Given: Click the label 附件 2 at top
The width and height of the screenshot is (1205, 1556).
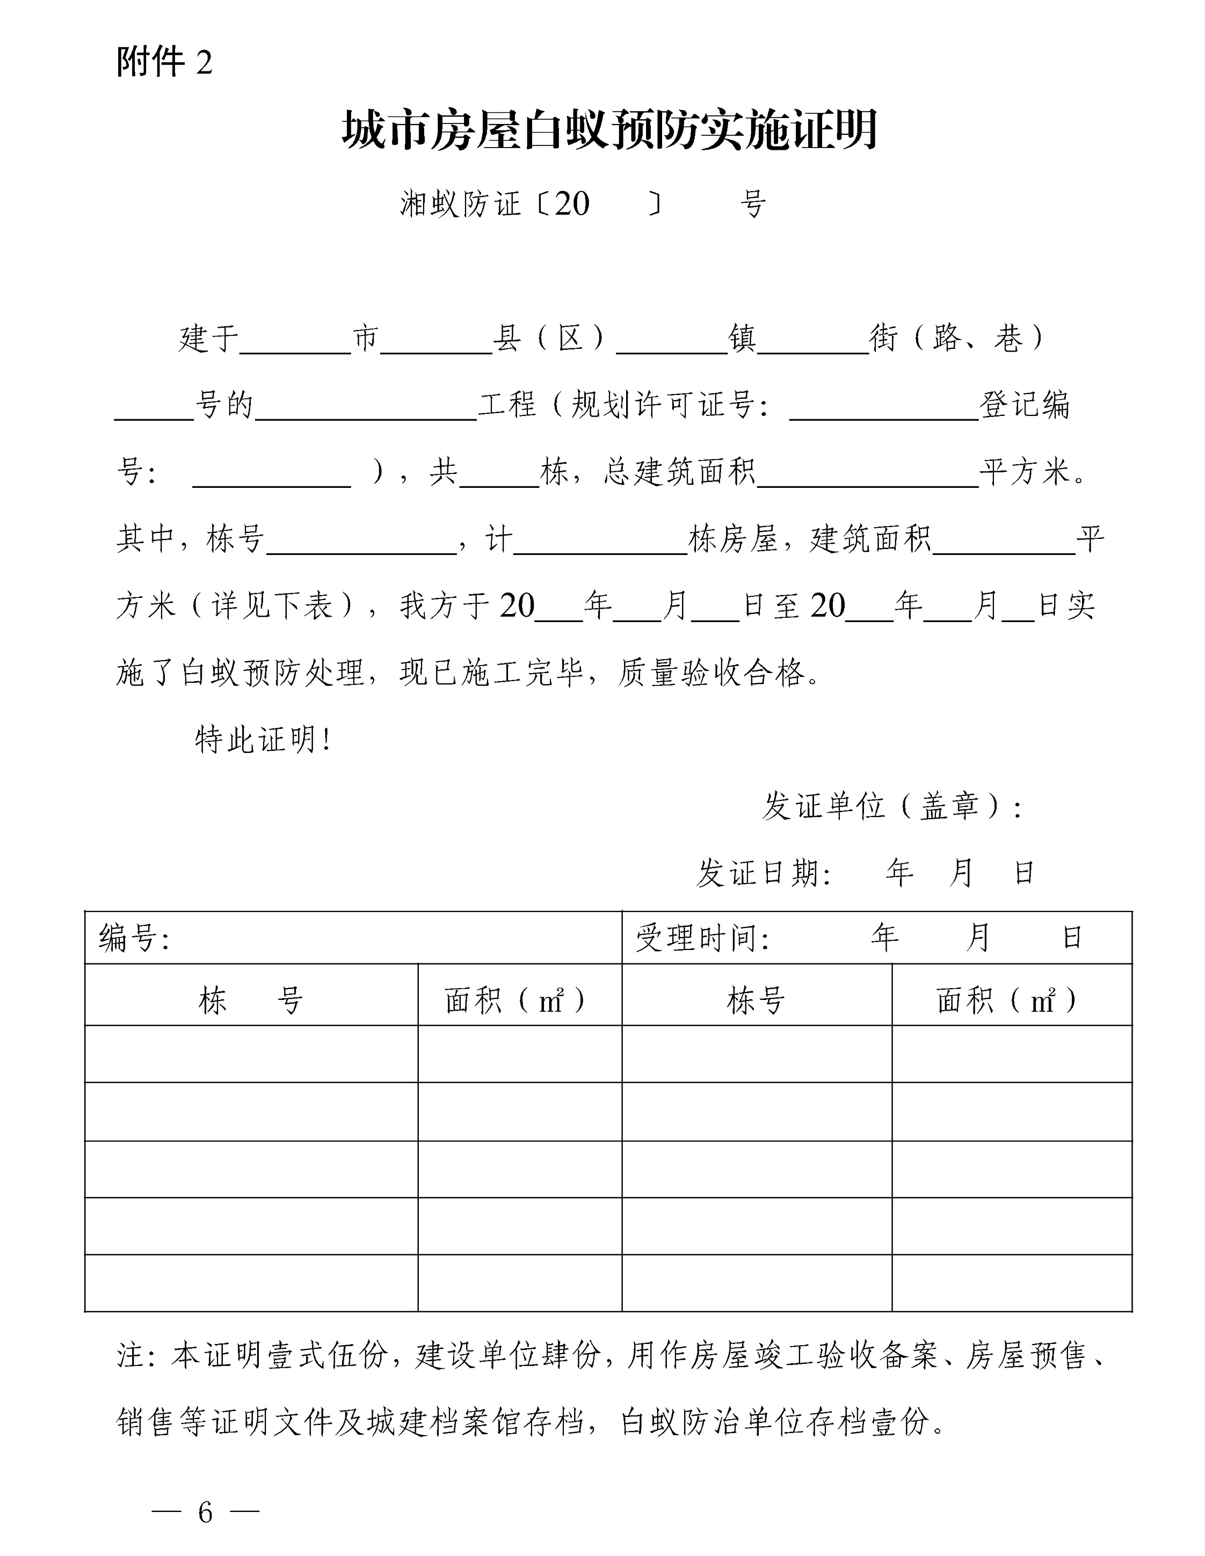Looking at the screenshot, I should point(164,63).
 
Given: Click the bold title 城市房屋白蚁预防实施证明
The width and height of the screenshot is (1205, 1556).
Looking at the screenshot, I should point(609,130).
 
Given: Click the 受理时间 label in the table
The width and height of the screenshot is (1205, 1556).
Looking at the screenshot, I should point(701,938).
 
